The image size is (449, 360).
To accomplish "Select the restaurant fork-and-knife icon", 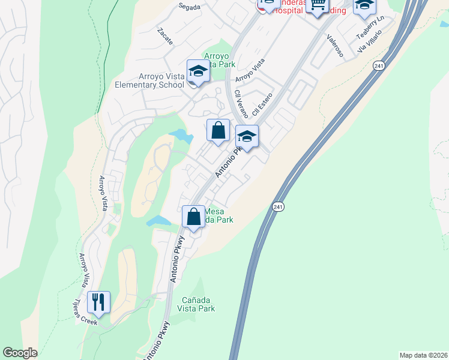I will click(x=99, y=301).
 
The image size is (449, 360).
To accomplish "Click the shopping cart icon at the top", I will click(x=318, y=5).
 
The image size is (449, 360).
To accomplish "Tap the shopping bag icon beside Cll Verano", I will click(x=218, y=130).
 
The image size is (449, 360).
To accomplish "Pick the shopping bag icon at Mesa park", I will click(x=194, y=217).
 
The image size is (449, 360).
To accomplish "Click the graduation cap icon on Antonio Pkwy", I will click(x=247, y=136).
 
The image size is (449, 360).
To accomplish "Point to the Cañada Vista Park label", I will click(x=196, y=304).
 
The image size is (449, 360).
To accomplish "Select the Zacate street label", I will click(x=164, y=36).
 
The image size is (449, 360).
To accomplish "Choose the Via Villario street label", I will click(x=370, y=43).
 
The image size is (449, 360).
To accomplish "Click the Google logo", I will click(x=20, y=353).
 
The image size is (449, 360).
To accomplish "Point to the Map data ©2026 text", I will click(x=423, y=355).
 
